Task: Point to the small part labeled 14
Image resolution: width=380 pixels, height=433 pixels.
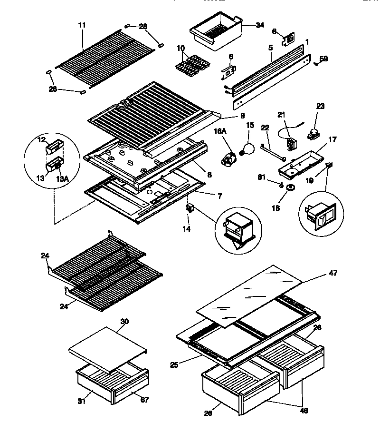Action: [190, 207]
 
